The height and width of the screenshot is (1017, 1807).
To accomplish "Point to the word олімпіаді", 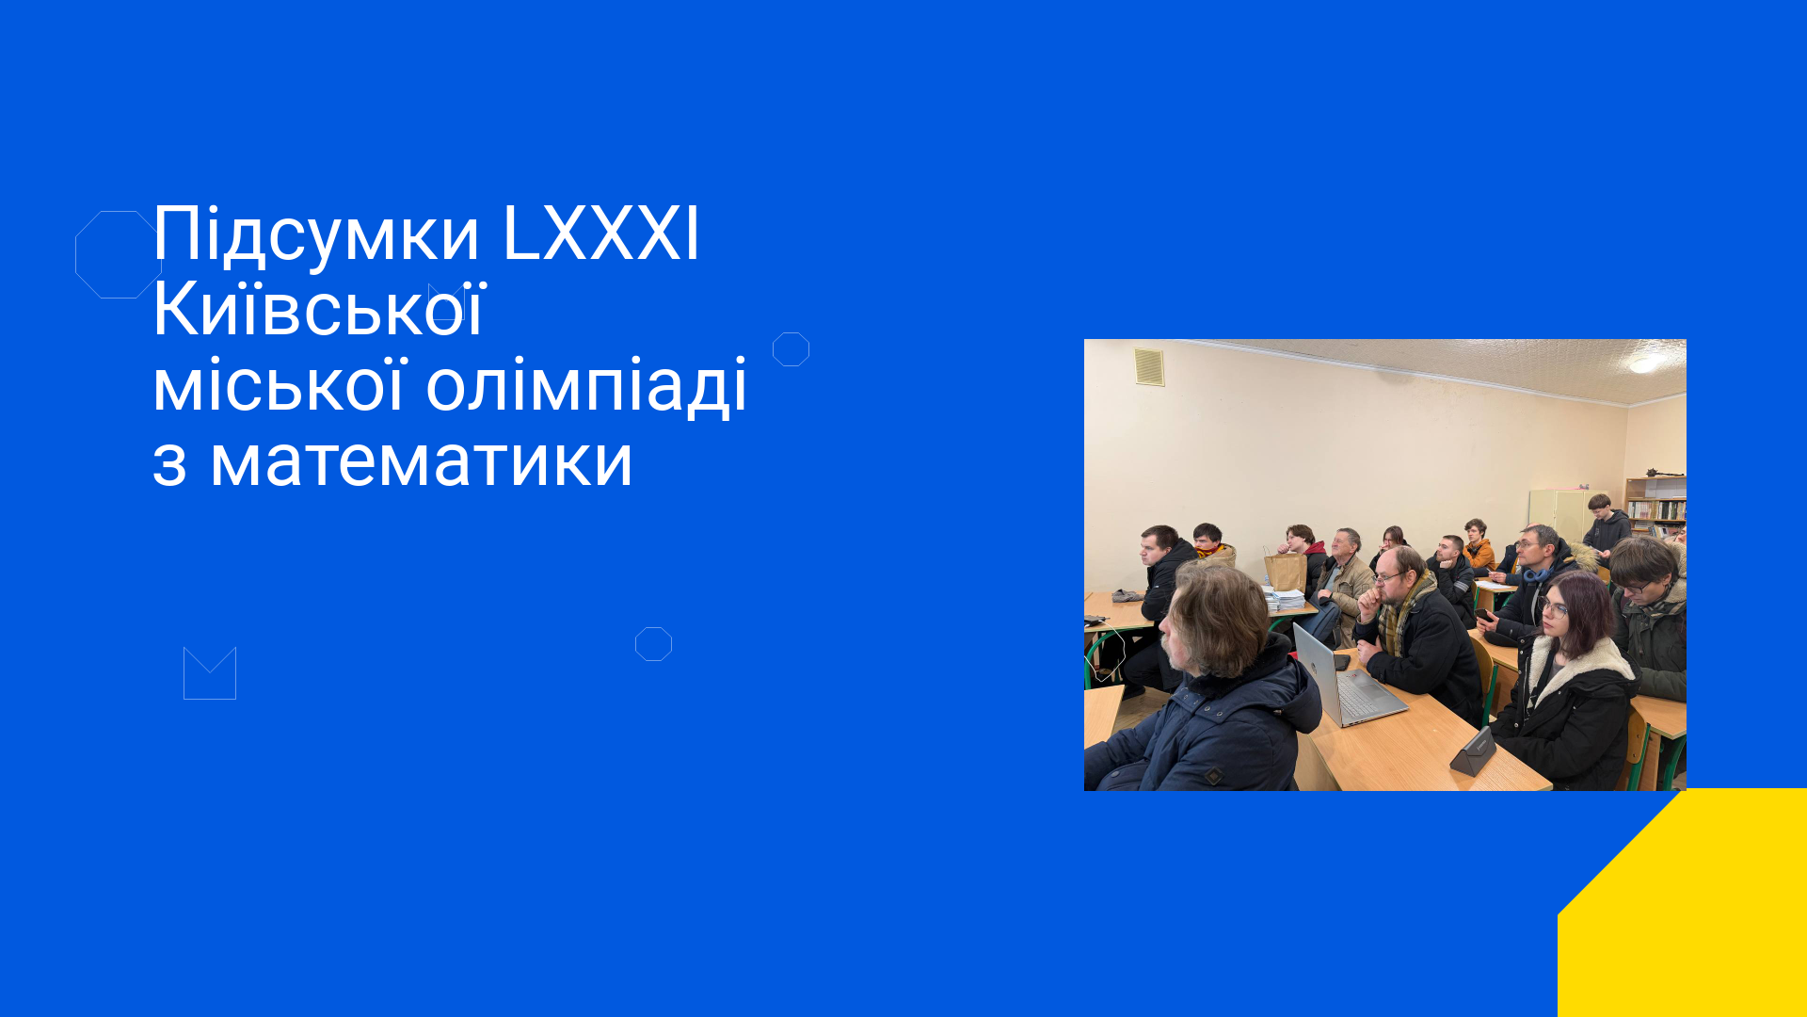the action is [586, 386].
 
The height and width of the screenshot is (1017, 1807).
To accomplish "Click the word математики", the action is [421, 461].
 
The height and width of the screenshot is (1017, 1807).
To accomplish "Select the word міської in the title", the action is [280, 384].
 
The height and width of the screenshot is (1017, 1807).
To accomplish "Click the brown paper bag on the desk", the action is [1285, 571].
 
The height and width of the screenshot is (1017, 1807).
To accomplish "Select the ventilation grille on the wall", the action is [1149, 366].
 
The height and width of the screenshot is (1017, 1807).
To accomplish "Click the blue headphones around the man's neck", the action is [1536, 573].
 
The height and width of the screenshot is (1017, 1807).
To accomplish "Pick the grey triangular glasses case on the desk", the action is [1474, 751].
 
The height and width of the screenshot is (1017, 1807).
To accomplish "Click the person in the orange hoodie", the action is [1479, 545].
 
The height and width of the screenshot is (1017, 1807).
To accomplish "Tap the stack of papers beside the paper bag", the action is [1284, 598].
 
